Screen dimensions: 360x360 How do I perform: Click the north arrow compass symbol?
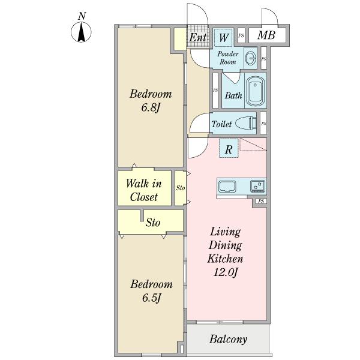(81, 32)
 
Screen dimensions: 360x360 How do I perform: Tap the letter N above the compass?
(82, 16)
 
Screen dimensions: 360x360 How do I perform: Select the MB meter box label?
(266, 35)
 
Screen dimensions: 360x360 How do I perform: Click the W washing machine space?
(223, 37)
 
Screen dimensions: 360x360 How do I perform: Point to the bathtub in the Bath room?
(256, 91)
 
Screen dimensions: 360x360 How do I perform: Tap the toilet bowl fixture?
(246, 123)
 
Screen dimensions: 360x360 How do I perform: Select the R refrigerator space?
(229, 148)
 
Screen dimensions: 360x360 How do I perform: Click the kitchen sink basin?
(227, 187)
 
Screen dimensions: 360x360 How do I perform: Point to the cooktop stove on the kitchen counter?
(257, 186)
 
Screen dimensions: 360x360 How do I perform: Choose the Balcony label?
(228, 339)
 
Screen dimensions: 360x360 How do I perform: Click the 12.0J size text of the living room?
(225, 272)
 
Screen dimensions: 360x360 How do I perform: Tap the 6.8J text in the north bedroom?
(151, 107)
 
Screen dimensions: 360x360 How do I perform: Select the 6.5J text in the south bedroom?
(151, 298)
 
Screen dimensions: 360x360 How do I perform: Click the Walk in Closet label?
(144, 190)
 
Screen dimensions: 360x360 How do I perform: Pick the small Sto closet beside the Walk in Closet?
(181, 188)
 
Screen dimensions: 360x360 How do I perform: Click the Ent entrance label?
(197, 37)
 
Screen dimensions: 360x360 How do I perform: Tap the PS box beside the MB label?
(241, 35)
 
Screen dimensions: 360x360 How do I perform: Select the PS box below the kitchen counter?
(261, 202)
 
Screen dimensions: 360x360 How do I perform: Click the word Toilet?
(221, 124)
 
